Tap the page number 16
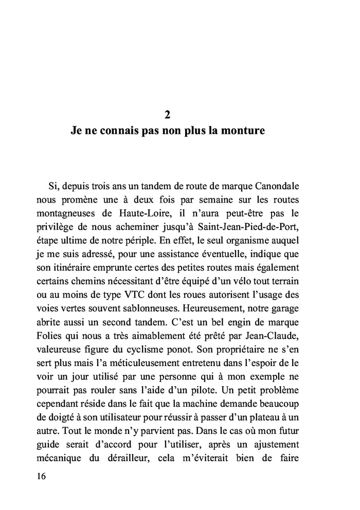[x=42, y=476]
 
